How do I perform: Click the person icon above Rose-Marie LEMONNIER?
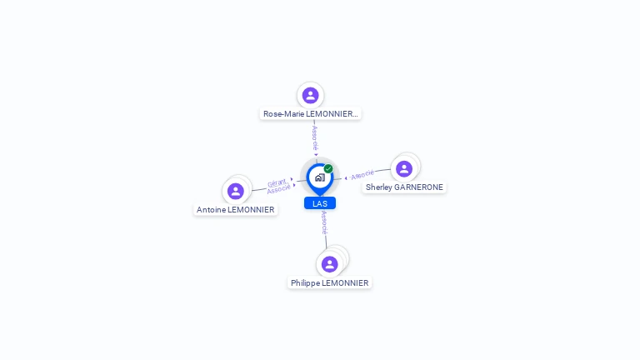pyautogui.click(x=311, y=95)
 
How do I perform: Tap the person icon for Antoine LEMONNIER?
pyautogui.click(x=236, y=191)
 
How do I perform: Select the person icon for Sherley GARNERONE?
pyautogui.click(x=404, y=169)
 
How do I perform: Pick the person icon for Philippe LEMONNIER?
pyautogui.click(x=330, y=264)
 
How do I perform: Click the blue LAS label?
pyautogui.click(x=320, y=203)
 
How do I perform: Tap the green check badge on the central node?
pyautogui.click(x=328, y=168)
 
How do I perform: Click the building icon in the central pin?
pyautogui.click(x=319, y=177)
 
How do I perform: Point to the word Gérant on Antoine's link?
pyautogui.click(x=277, y=182)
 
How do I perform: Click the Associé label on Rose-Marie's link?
pyautogui.click(x=315, y=137)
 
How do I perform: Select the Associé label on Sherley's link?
pyautogui.click(x=362, y=175)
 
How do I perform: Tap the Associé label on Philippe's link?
pyautogui.click(x=324, y=222)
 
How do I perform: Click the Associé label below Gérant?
pyautogui.click(x=279, y=189)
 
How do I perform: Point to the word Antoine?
pyautogui.click(x=211, y=210)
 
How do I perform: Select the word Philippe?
pyautogui.click(x=305, y=283)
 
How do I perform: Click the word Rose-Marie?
pyautogui.click(x=283, y=114)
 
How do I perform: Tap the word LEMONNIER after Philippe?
pyautogui.click(x=345, y=283)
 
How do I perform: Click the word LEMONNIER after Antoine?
pyautogui.click(x=251, y=210)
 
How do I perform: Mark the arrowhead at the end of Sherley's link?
pyautogui.click(x=346, y=177)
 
